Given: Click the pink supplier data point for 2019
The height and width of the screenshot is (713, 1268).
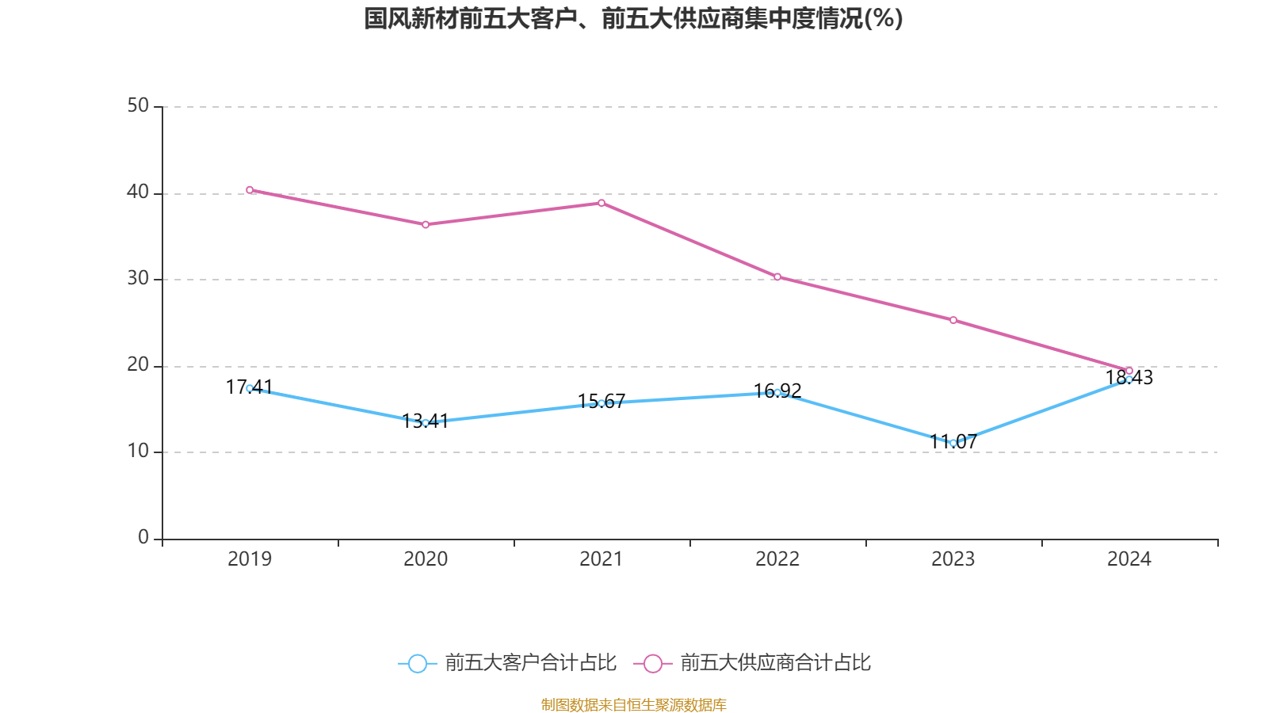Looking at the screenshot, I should pyautogui.click(x=250, y=190).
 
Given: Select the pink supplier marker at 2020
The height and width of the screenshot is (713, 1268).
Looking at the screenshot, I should pyautogui.click(x=426, y=225).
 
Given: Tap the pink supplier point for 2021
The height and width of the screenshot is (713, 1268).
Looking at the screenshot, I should pyautogui.click(x=602, y=203).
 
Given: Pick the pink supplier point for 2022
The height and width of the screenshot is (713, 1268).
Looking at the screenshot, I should pyautogui.click(x=777, y=276).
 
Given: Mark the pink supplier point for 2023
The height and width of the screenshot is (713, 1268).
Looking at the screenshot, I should pyautogui.click(x=953, y=320).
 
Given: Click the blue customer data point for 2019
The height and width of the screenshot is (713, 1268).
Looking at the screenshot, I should pyautogui.click(x=250, y=388).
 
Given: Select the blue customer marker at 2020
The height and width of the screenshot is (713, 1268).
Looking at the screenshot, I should pyautogui.click(x=426, y=423).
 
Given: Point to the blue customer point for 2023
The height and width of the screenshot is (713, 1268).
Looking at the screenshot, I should pyautogui.click(x=953, y=443).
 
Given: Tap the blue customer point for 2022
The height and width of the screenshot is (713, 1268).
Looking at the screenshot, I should pyautogui.click(x=777, y=392).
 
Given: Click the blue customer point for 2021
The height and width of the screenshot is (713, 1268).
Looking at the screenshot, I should pyautogui.click(x=602, y=403).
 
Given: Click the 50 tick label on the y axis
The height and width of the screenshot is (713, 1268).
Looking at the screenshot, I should pyautogui.click(x=138, y=106).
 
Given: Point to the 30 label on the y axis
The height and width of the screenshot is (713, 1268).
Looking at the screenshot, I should pyautogui.click(x=138, y=279).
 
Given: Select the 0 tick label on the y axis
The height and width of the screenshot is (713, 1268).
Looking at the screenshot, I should pyautogui.click(x=143, y=538).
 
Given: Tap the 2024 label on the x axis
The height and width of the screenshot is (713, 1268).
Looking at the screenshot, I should pyautogui.click(x=1129, y=559).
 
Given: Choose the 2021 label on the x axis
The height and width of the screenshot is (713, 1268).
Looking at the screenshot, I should pyautogui.click(x=602, y=559).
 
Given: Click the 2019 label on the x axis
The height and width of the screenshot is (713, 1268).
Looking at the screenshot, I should pyautogui.click(x=250, y=559).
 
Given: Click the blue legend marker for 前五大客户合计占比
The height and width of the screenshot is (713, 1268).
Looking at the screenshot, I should pyautogui.click(x=417, y=663).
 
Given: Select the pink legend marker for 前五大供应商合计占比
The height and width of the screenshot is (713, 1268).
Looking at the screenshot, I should pyautogui.click(x=652, y=663).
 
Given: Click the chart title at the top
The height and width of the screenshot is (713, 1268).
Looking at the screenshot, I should pyautogui.click(x=633, y=19).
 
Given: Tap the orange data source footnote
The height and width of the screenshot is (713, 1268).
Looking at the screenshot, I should pyautogui.click(x=633, y=704).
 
